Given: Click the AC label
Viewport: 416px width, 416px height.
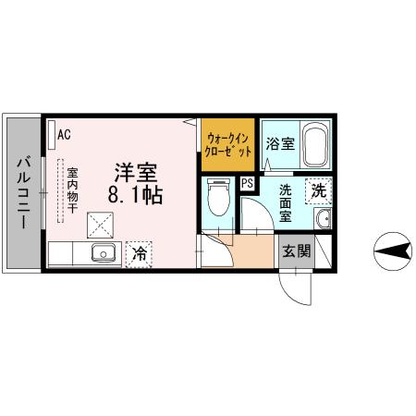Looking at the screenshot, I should [64, 134].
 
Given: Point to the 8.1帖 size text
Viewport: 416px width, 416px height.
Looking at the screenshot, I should [135, 195].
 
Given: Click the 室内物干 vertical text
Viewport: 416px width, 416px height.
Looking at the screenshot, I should [71, 194].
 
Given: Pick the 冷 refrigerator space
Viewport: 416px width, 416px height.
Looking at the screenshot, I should [140, 251].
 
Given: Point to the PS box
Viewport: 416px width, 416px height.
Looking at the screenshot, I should [247, 183].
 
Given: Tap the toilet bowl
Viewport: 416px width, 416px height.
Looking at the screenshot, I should [217, 198].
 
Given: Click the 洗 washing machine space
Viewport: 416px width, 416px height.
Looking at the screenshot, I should [319, 191].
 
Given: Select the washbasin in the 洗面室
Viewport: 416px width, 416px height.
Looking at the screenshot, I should [323, 219].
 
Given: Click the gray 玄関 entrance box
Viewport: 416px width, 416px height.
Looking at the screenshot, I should [295, 251].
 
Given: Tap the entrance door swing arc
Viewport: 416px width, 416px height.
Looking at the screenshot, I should [298, 292].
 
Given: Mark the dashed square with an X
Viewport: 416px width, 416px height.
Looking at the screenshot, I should [99, 224].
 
